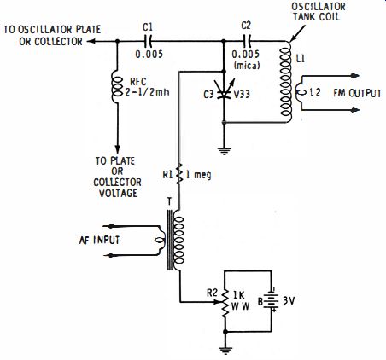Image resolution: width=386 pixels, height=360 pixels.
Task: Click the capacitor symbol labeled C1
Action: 149,42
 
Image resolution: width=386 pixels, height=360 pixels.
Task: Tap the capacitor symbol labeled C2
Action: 247,42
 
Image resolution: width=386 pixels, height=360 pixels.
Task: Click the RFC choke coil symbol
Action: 117,87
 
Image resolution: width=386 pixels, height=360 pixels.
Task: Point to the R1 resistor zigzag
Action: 179,173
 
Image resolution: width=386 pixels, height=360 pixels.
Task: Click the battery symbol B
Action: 271,299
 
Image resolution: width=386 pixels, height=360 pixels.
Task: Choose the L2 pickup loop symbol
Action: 300,93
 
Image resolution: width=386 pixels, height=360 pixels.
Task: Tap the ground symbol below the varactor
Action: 224,151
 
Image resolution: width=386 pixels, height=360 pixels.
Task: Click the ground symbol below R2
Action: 225,351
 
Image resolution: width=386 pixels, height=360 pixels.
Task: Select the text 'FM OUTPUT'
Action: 357,93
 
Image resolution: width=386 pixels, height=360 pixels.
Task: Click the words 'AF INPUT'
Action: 99,241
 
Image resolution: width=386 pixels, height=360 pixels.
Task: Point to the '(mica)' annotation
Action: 247,66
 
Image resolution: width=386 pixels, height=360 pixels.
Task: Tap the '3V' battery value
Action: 289,301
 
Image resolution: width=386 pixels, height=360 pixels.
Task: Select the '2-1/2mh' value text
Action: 147,92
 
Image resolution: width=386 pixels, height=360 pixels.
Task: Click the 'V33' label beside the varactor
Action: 242,94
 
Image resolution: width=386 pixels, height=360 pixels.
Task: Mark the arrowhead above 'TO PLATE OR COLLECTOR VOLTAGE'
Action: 117,149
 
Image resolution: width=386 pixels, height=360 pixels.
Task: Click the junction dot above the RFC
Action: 117,42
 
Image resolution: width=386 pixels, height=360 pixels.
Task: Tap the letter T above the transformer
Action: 169,202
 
